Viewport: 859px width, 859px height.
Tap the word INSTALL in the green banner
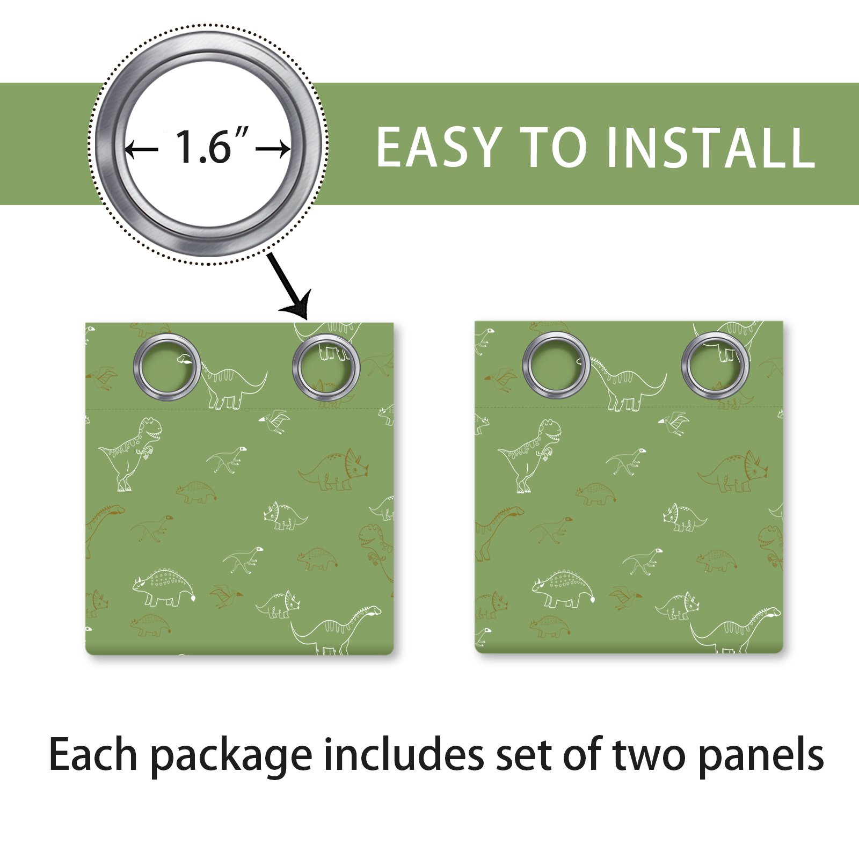pyautogui.click(x=711, y=147)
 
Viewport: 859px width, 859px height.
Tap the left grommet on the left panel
pyautogui.click(x=167, y=366)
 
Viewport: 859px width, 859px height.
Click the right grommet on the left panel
pyautogui.click(x=326, y=367)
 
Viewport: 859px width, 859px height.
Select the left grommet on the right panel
pyautogui.click(x=556, y=365)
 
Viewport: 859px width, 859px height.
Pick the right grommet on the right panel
pyautogui.click(x=716, y=366)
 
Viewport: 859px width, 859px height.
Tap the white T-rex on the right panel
pyautogui.click(x=530, y=456)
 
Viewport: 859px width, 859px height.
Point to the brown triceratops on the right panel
pyautogui.click(x=733, y=472)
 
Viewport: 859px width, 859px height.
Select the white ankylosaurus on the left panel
pyautogui.click(x=164, y=587)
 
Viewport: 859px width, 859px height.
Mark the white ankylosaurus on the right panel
pyautogui.click(x=564, y=589)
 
